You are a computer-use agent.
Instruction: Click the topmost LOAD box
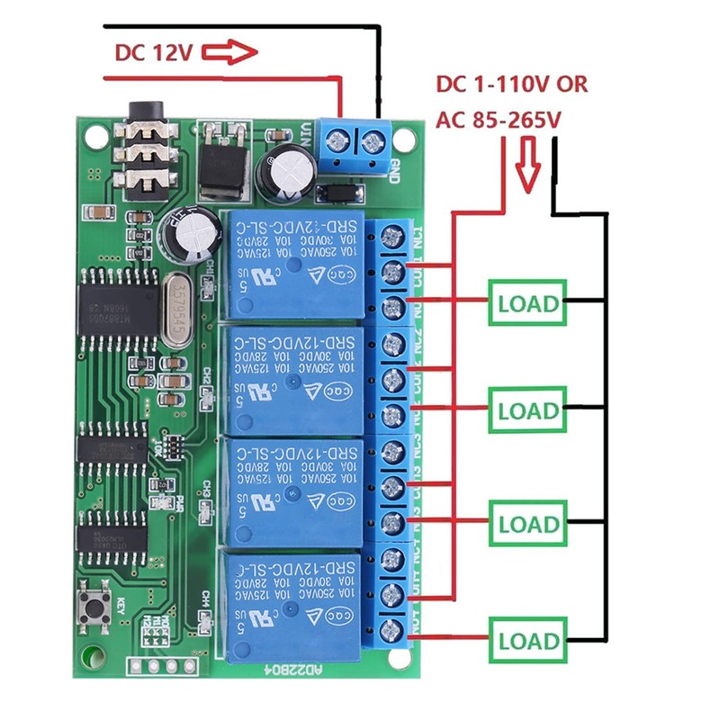tap(528, 303)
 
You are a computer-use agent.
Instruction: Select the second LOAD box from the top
tap(528, 411)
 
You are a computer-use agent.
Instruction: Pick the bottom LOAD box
tap(528, 641)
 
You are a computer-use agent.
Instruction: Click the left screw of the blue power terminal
tap(339, 140)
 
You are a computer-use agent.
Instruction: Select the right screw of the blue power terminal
tap(372, 140)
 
